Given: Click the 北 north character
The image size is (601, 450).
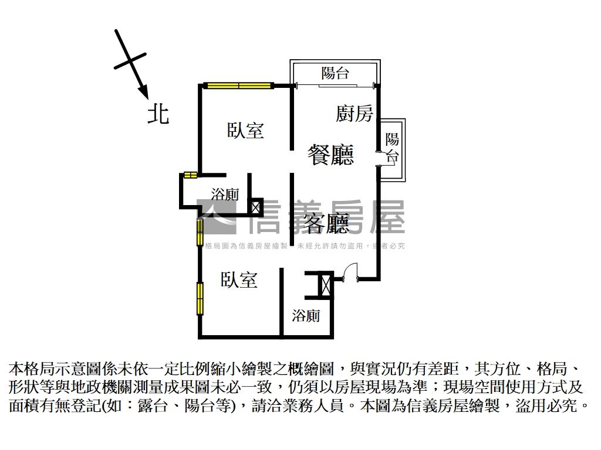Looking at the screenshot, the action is (x=158, y=114).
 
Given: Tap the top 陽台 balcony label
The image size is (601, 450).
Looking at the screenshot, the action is (x=335, y=73).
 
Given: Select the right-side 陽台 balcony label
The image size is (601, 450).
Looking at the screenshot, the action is (x=392, y=148).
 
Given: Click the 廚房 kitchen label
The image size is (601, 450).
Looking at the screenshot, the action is (x=354, y=113).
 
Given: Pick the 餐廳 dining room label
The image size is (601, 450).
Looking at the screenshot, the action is (x=331, y=155).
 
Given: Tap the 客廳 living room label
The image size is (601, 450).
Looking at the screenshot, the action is (x=326, y=223).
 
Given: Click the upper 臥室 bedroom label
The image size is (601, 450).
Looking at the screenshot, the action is (x=246, y=131).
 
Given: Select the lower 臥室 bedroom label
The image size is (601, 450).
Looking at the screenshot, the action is (x=239, y=280).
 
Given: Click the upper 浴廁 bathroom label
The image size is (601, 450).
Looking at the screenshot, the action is (x=225, y=194).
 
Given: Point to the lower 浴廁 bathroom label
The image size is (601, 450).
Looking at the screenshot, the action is (x=306, y=316).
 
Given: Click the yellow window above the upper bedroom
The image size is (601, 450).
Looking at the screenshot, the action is (x=239, y=86).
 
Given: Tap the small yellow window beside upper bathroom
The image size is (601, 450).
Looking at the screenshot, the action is (x=190, y=175).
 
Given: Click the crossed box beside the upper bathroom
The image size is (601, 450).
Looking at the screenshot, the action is (x=255, y=206).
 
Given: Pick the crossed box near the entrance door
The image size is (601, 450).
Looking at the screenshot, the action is (x=326, y=286).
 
